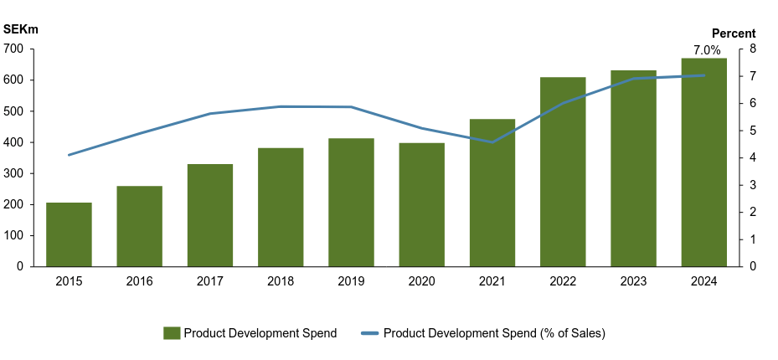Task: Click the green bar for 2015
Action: coord(69,234)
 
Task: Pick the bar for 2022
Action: coord(563,172)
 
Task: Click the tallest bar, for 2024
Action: coord(703,162)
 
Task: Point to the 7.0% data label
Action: coord(707,50)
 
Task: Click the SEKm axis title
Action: coord(21,29)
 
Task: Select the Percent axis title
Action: coord(734,33)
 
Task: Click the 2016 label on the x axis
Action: coord(139,281)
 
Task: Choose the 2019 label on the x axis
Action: coord(351,281)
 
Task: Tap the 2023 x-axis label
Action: coord(633,281)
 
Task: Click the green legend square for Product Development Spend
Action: coord(172,333)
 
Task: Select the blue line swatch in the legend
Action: coord(369,333)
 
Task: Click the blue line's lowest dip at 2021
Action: coord(492,142)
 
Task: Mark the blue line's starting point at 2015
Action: coord(69,155)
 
